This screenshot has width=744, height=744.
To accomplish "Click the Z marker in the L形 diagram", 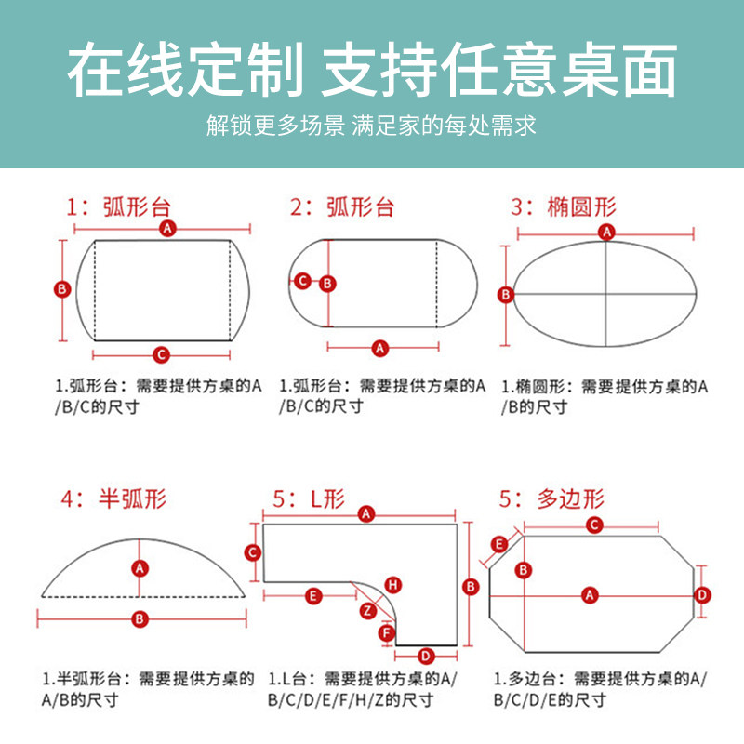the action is [368, 610].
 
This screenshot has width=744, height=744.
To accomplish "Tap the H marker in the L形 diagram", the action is [393, 585].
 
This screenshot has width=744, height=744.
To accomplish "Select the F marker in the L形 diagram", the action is [387, 633].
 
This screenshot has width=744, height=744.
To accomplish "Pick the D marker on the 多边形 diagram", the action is [703, 594].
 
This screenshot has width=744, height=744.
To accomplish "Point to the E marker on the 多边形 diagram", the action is [498, 543].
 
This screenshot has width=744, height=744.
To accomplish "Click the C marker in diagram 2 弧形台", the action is [301, 280].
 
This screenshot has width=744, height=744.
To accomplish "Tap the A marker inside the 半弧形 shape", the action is [139, 567].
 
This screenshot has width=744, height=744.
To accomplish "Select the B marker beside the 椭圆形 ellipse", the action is [505, 295].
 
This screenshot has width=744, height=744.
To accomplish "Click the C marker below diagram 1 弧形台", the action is [161, 353].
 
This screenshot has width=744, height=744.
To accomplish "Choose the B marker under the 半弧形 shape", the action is [139, 618].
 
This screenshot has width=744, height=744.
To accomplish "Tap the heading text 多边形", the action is [570, 498].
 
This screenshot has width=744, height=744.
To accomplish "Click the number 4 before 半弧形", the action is [67, 499].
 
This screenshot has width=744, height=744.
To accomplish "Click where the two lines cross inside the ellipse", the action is [606, 294].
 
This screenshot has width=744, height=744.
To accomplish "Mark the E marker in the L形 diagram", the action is [313, 594].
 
